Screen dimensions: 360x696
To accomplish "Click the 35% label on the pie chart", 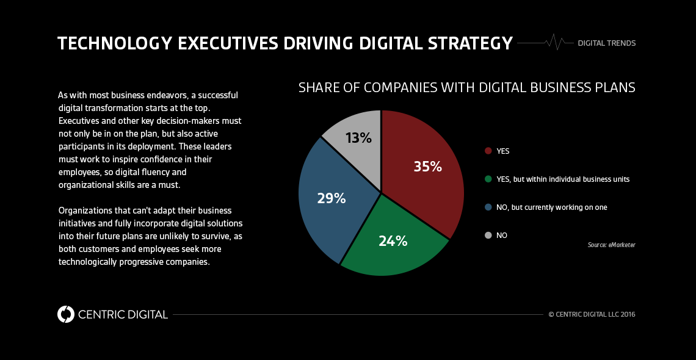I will [x=427, y=167].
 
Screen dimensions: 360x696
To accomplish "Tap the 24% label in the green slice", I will [x=393, y=241].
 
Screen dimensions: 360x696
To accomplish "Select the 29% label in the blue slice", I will [x=331, y=198].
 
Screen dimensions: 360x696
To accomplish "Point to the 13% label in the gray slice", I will [x=358, y=138].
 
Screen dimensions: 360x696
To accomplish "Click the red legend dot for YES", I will [x=488, y=151].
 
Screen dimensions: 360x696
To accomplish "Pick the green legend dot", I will [x=488, y=179].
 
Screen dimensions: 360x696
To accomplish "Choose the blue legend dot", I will [x=488, y=207].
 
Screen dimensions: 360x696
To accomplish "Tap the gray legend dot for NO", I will [x=488, y=236].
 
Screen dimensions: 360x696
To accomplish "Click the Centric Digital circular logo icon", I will [x=65, y=314].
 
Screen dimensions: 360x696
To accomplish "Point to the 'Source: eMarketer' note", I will [x=611, y=245].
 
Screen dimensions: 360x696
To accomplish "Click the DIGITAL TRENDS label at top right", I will [x=606, y=43].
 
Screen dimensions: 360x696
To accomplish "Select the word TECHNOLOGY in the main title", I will [x=107, y=43].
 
